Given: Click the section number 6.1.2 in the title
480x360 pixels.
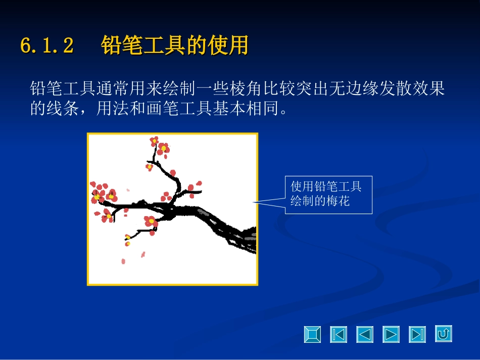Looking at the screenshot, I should click(47, 45).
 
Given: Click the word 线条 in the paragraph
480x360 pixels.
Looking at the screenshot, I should click(63, 109).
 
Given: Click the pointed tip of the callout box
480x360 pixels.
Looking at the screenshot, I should click(254, 202).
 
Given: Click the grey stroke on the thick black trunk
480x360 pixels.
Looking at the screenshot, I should click(202, 211).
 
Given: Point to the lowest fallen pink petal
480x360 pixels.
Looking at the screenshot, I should click(123, 261).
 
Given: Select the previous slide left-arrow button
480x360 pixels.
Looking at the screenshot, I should click(365, 334).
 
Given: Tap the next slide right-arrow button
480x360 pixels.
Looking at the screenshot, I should click(391, 334).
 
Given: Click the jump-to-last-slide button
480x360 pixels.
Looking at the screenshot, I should click(417, 334).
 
